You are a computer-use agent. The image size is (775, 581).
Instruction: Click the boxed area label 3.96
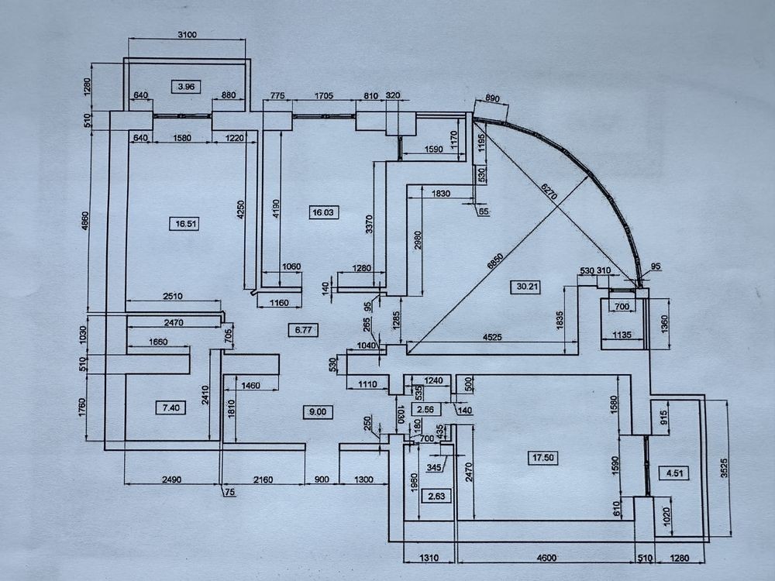click(x=186, y=87)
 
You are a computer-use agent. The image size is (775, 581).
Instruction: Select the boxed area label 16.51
click(x=185, y=224)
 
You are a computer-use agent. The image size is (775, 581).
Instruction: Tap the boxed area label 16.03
click(x=322, y=212)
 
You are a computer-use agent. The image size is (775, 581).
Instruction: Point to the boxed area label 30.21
click(x=527, y=287)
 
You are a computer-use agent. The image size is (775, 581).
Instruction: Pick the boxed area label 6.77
click(x=303, y=329)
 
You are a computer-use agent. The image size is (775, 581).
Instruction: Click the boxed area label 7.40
click(x=170, y=407)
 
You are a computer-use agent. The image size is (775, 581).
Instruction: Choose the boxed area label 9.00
click(x=317, y=411)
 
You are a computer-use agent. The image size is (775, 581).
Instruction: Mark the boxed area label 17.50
click(x=542, y=458)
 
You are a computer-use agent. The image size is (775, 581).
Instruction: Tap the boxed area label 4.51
click(x=674, y=473)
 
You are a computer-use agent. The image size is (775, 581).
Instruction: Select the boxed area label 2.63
click(x=436, y=496)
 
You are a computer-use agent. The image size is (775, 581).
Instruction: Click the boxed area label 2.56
click(x=425, y=410)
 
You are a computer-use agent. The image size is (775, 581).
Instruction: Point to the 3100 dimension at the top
click(x=187, y=35)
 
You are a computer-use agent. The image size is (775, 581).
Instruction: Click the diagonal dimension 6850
click(x=495, y=260)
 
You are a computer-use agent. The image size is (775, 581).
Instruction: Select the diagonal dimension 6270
click(x=549, y=191)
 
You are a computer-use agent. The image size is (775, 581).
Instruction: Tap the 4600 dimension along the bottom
click(x=546, y=558)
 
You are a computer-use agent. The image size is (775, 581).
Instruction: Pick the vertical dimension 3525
click(x=724, y=468)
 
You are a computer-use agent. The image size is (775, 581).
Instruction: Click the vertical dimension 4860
click(x=84, y=222)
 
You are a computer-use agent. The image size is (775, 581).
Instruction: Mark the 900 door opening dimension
click(x=322, y=480)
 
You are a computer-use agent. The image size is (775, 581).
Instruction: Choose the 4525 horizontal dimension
click(x=492, y=337)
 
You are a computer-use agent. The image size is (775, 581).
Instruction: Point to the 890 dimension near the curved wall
click(x=492, y=98)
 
